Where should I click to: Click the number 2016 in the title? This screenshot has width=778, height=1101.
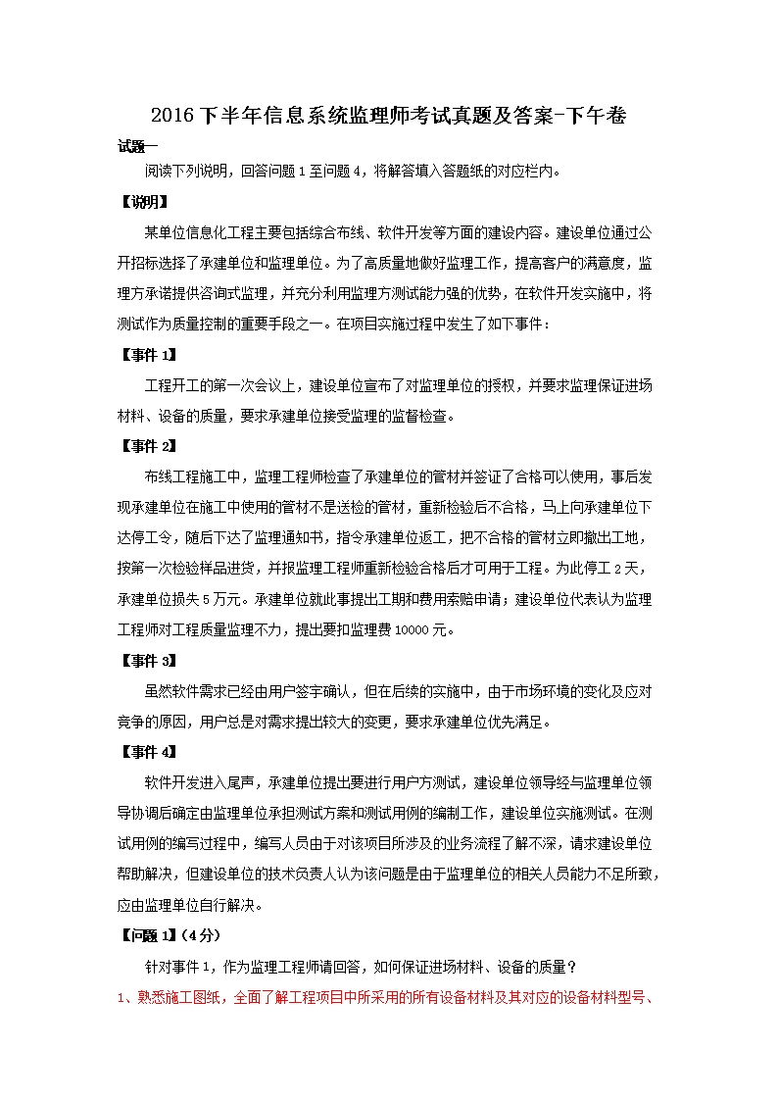173,116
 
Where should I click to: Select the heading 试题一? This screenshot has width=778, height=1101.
138,147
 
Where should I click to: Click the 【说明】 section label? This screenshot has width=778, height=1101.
143,203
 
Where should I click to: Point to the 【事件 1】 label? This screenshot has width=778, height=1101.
148,355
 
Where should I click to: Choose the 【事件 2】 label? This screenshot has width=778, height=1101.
148,446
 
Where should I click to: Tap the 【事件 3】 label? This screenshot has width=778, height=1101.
148,660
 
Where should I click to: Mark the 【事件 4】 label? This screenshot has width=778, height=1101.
148,752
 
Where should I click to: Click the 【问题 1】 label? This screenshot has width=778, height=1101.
148,935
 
